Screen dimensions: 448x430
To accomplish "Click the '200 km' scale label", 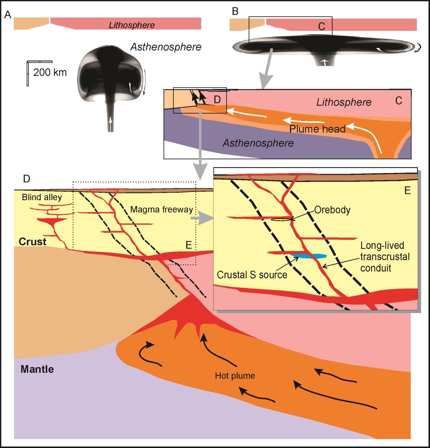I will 50,72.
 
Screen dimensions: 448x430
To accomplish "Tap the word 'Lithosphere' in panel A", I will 132,25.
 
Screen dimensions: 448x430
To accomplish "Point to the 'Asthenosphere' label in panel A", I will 166,47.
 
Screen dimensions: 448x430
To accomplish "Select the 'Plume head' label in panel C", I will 317,129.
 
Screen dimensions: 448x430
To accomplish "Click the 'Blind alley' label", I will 37,197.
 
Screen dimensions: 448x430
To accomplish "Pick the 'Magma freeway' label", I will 161,209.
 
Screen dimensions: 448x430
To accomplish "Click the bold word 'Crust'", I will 32,242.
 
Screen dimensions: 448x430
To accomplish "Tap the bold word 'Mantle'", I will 37,369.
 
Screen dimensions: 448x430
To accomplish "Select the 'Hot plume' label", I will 235,376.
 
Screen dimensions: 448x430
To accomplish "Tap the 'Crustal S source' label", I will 252,275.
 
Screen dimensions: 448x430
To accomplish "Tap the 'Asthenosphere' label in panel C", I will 258,143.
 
